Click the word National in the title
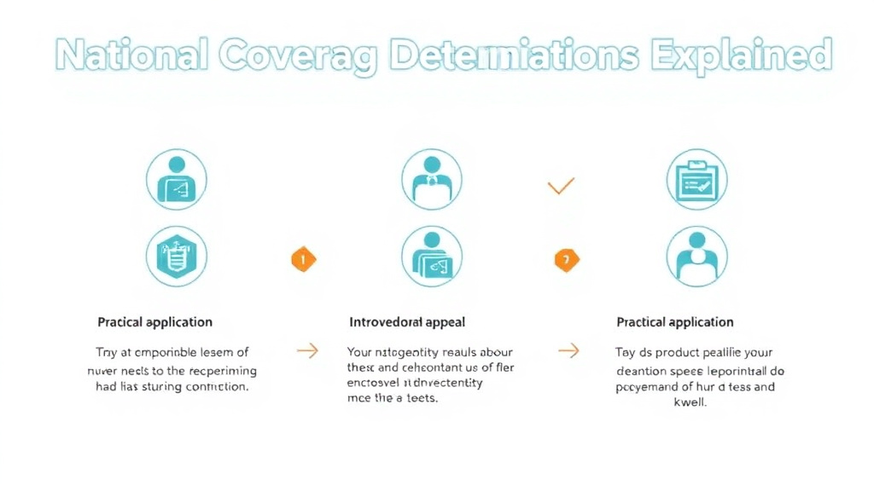[131, 55]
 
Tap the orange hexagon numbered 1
[304, 259]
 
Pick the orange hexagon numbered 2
[566, 259]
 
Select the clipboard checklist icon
[696, 180]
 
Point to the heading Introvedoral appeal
[407, 322]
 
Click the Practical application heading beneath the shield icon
[154, 322]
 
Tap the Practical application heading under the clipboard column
[674, 322]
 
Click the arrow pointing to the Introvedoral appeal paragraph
[306, 350]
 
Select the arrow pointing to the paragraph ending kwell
[568, 350]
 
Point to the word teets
[422, 399]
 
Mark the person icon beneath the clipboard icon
[696, 256]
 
